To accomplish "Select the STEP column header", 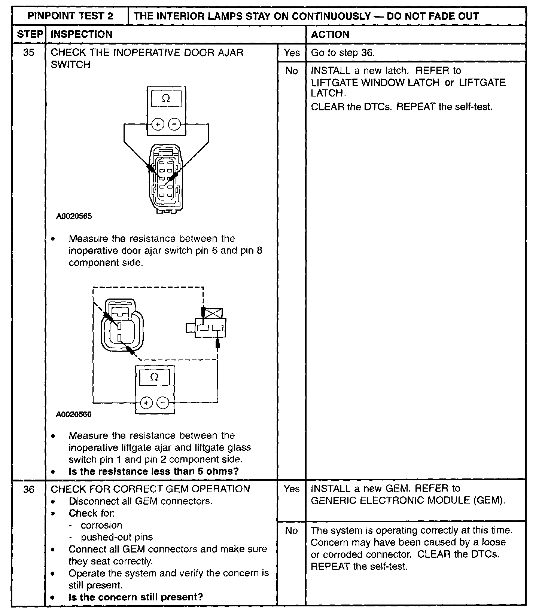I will [x=29, y=34].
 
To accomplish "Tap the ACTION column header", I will [x=330, y=34].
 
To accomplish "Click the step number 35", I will [x=29, y=52].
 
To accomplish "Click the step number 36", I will [x=29, y=489].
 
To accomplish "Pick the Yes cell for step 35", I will [x=292, y=53].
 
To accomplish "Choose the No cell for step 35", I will [x=292, y=71].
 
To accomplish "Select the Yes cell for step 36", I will [x=292, y=489].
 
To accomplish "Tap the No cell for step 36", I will [x=292, y=530].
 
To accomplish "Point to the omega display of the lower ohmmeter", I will [x=155, y=377].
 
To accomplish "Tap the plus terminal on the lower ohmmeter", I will [x=146, y=403].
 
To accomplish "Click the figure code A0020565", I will [x=74, y=216].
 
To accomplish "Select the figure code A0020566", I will [x=74, y=414].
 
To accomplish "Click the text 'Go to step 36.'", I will [x=343, y=53].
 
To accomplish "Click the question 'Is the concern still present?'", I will [x=136, y=597].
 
